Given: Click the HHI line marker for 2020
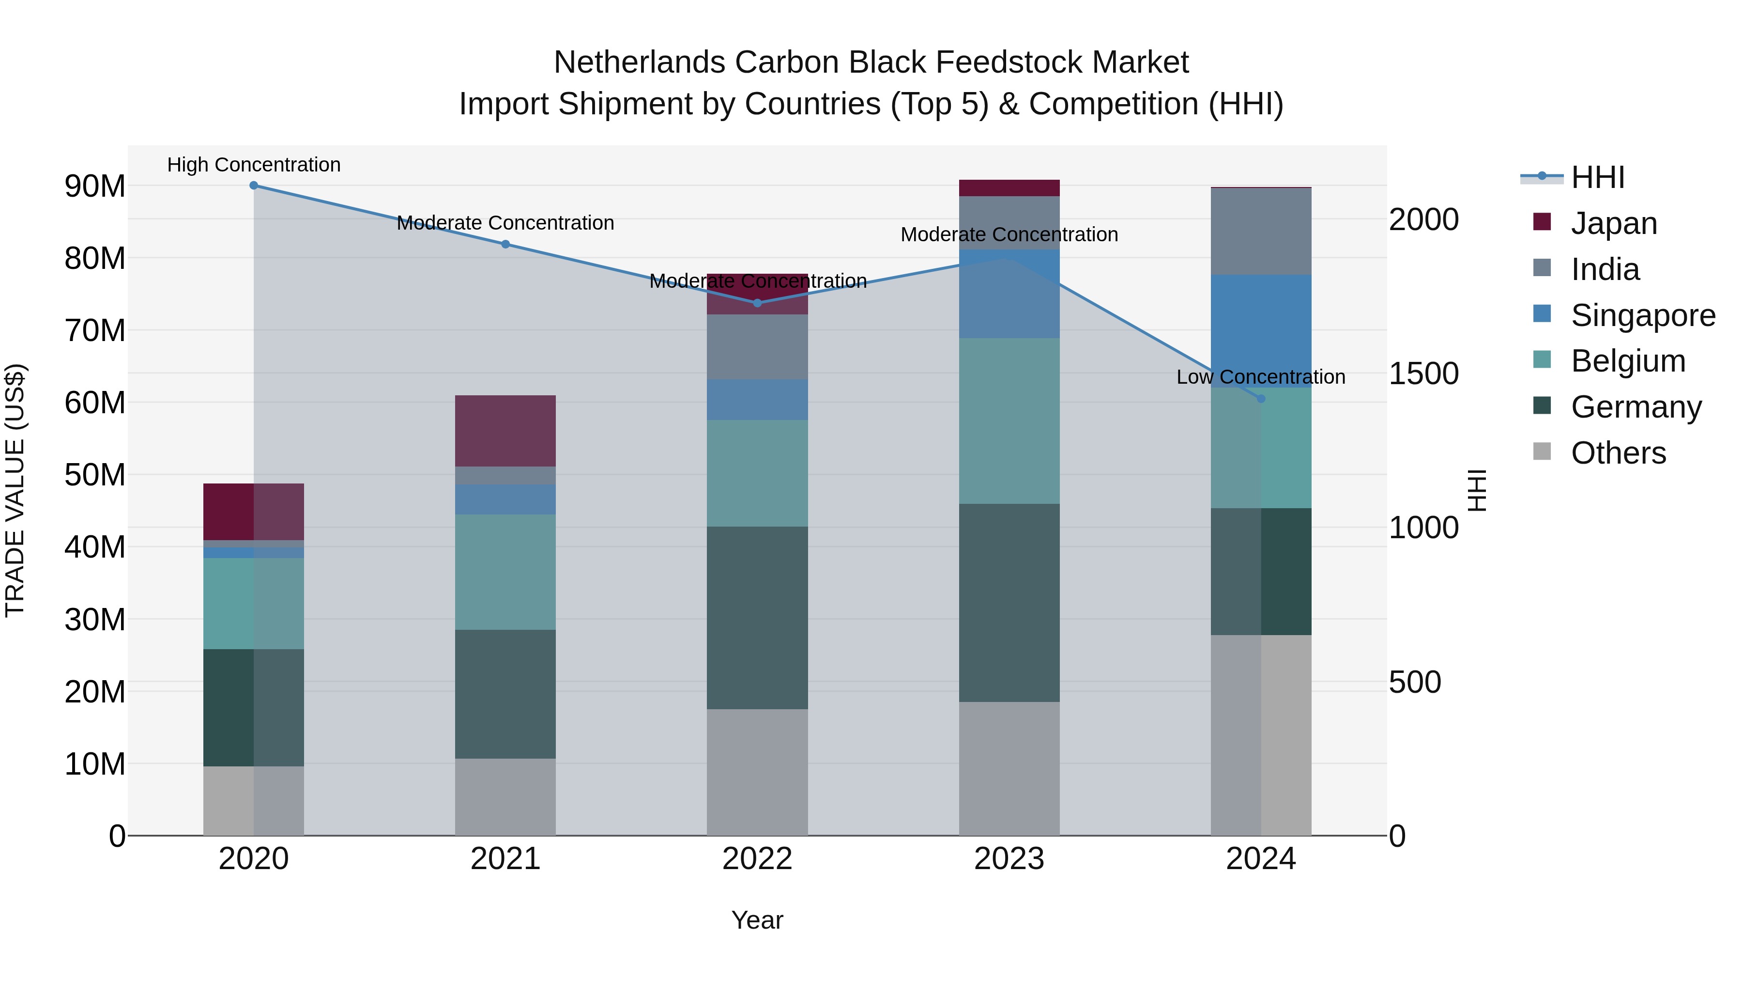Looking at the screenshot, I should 254,186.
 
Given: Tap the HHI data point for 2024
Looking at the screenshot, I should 1261,399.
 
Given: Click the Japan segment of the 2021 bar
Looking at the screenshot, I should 505,431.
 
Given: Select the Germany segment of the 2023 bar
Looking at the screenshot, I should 1009,603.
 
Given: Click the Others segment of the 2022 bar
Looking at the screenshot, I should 757,772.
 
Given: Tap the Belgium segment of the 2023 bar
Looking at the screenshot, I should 1009,420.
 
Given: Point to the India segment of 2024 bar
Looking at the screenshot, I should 1261,232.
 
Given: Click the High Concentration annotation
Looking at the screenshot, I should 254,165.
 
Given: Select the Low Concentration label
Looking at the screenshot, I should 1261,377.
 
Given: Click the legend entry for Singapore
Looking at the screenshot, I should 1643,315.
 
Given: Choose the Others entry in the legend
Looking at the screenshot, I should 1618,453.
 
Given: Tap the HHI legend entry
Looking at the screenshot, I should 1598,177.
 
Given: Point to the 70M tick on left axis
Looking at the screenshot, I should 95,330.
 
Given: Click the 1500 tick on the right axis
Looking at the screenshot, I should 1423,374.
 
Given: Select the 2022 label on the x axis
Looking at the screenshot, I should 757,859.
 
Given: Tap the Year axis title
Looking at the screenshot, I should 757,920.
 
